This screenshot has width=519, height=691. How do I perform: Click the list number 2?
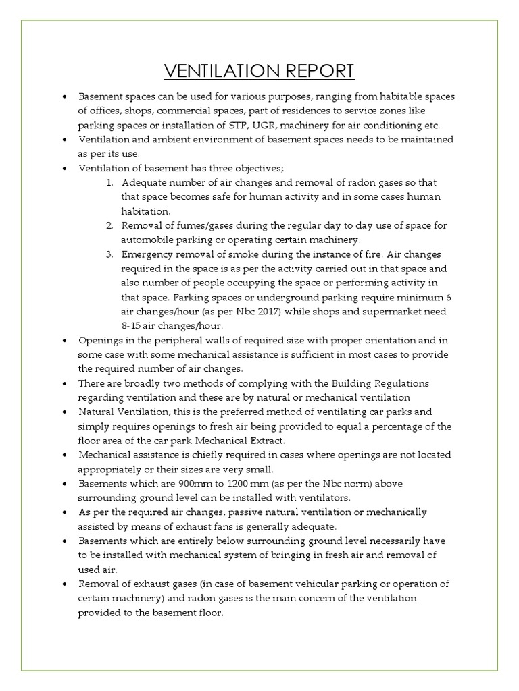coord(109,225)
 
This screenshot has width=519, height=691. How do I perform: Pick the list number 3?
coord(109,254)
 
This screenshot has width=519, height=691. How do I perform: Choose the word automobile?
coord(147,240)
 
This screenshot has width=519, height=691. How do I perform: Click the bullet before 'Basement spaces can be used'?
coord(64,97)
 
